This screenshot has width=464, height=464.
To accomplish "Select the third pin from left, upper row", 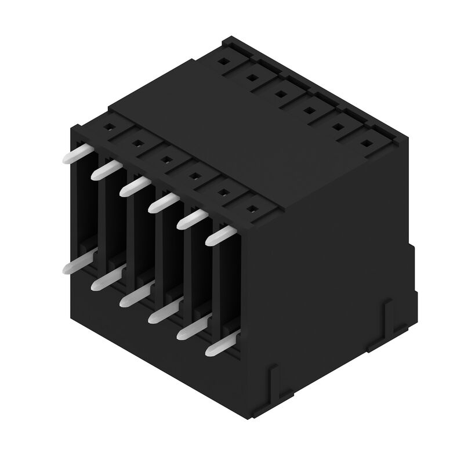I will (x=134, y=185).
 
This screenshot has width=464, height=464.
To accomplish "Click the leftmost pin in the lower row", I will (x=75, y=264).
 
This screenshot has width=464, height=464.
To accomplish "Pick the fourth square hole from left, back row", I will (x=309, y=108).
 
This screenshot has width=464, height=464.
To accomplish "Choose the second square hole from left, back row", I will (x=252, y=76).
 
